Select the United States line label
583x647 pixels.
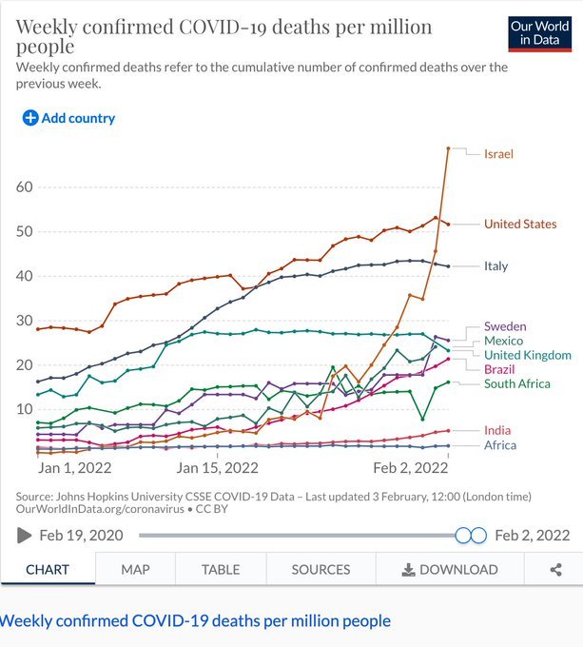(x=520, y=225)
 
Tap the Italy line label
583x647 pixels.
(x=496, y=266)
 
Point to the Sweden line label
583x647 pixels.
(x=505, y=326)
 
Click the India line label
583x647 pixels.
(x=496, y=431)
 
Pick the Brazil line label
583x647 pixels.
(x=499, y=369)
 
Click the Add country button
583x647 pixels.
(x=68, y=118)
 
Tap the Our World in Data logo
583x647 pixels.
(x=539, y=31)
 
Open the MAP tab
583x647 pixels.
(x=135, y=569)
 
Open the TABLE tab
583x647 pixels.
(x=220, y=569)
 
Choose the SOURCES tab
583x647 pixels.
(x=321, y=569)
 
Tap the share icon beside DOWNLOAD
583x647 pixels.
(x=555, y=569)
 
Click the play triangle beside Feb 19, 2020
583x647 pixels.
(x=24, y=536)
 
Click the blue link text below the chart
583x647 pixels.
(x=195, y=621)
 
